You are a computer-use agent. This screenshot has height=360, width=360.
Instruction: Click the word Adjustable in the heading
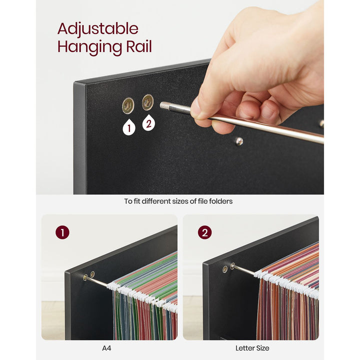coord(97,29)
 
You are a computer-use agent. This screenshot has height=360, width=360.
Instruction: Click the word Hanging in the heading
coord(84,47)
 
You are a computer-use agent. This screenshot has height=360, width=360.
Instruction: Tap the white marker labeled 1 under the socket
coord(129,127)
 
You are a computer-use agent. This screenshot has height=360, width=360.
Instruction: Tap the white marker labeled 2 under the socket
coord(148,122)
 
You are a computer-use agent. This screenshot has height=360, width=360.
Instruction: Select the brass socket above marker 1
coord(128,105)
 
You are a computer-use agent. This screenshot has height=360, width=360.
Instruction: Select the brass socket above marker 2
coord(147,102)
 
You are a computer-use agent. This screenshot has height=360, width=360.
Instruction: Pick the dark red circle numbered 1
coord(62,232)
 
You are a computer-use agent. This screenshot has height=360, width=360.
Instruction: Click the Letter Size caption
coord(252,348)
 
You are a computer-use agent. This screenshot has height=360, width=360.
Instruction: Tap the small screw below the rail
coord(239,141)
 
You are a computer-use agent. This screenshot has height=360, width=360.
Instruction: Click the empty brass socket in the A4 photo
coord(85,277)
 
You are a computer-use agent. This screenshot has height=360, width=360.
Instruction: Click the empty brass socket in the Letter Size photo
coord(224,269)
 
